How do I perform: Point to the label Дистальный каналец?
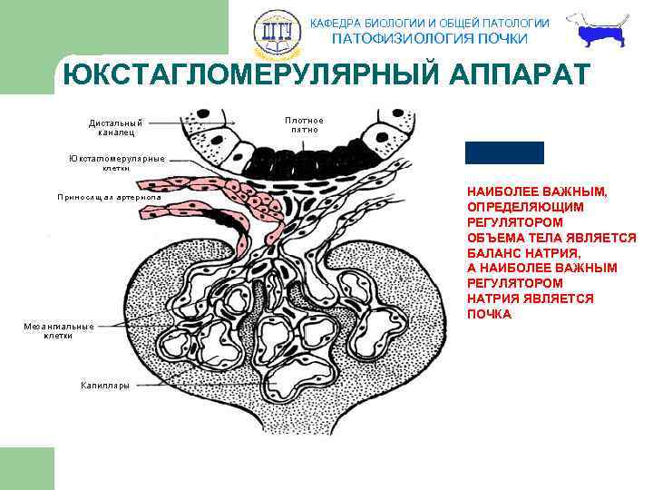116,127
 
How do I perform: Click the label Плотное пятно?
304,124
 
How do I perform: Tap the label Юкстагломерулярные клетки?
117,163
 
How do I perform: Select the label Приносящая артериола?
109,196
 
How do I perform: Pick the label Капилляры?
105,386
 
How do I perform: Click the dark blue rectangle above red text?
504,152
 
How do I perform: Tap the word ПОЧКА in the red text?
490,314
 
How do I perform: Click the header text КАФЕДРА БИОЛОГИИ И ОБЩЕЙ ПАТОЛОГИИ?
430,23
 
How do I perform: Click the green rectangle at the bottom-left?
27,468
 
